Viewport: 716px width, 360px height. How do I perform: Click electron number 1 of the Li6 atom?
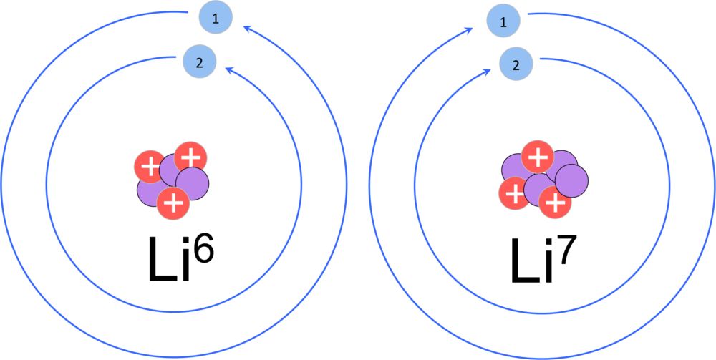pyautogui.click(x=216, y=18)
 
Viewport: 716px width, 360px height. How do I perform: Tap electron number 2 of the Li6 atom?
pyautogui.click(x=198, y=63)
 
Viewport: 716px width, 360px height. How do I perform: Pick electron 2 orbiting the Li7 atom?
pyautogui.click(x=516, y=66)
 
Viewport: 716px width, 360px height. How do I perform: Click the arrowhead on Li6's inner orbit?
pyautogui.click(x=231, y=71)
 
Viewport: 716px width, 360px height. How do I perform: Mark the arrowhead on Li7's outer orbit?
pyautogui.click(x=469, y=31)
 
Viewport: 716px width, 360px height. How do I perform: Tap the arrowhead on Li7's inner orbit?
pyautogui.click(x=486, y=71)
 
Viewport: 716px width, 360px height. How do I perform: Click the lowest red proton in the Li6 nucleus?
pyautogui.click(x=173, y=203)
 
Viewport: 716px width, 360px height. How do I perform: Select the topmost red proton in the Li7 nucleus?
pyautogui.click(x=538, y=157)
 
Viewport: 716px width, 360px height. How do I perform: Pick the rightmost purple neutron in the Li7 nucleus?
pyautogui.click(x=571, y=181)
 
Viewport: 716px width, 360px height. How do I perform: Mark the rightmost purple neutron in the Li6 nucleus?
pyautogui.click(x=192, y=183)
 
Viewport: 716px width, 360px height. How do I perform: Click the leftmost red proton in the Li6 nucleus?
pyautogui.click(x=150, y=167)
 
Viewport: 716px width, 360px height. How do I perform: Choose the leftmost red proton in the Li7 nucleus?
pyautogui.click(x=516, y=195)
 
